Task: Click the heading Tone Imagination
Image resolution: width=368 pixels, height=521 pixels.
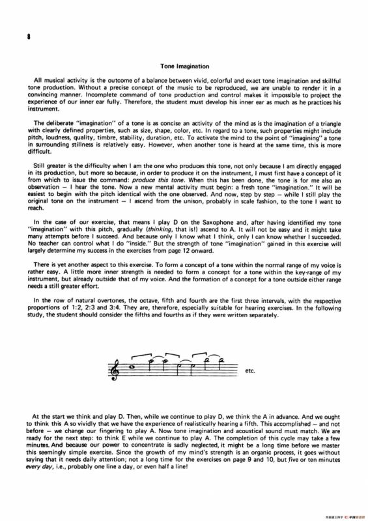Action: (x=184, y=66)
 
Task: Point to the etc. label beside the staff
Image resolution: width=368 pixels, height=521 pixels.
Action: (x=251, y=372)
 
